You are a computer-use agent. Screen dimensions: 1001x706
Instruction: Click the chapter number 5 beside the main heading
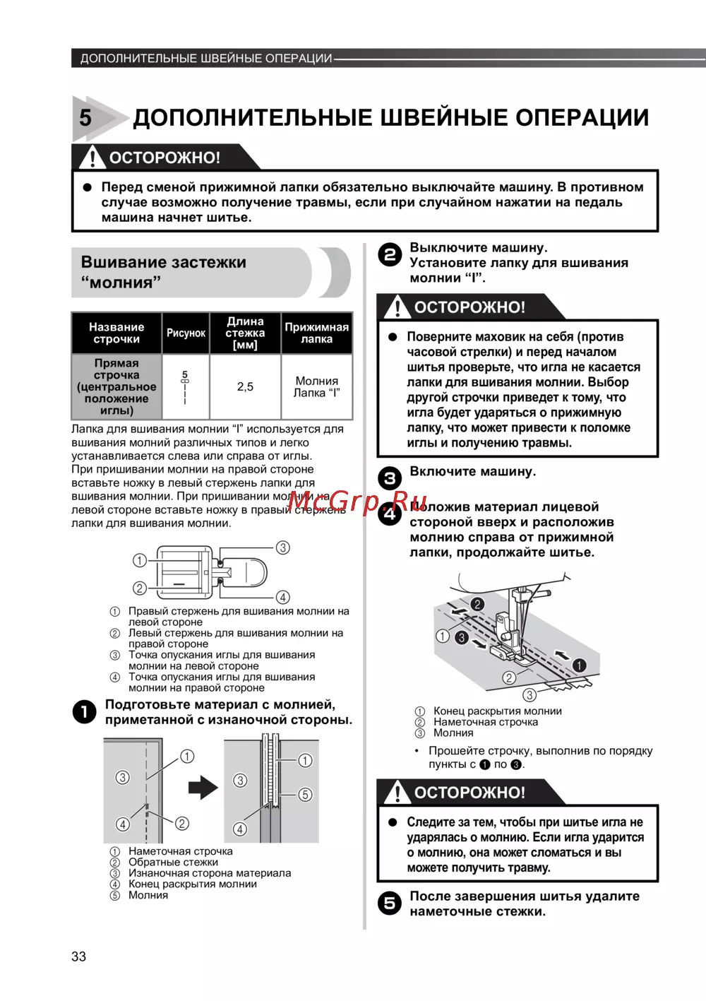[85, 117]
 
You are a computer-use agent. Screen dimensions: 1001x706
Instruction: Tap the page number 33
[78, 956]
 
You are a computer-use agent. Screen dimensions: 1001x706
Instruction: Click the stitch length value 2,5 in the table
[245, 386]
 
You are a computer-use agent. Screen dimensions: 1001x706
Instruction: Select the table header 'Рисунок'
[186, 333]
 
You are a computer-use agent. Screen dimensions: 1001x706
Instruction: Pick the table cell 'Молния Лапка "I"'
[316, 386]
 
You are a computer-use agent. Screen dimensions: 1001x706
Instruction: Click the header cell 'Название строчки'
[116, 333]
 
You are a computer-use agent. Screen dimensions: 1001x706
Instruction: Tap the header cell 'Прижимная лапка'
[316, 333]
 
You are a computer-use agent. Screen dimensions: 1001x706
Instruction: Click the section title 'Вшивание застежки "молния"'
[164, 272]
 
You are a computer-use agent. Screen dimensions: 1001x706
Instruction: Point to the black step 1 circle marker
[85, 712]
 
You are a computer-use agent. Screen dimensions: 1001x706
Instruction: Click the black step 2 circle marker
[390, 254]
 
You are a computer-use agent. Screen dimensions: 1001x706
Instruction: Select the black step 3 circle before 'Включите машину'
[390, 478]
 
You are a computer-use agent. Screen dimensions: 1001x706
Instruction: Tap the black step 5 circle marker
[390, 904]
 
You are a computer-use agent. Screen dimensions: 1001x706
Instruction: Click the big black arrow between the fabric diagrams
[203, 787]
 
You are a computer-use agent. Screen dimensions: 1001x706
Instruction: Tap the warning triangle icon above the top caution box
[92, 157]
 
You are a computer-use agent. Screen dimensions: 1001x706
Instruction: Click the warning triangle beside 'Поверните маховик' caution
[397, 307]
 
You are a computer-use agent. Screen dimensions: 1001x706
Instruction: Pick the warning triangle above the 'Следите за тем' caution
[397, 792]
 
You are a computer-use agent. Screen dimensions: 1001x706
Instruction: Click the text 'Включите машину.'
[472, 471]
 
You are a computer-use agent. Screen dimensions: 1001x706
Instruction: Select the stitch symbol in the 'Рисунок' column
[185, 386]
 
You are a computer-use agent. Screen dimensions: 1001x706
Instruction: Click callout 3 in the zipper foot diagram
[282, 547]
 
